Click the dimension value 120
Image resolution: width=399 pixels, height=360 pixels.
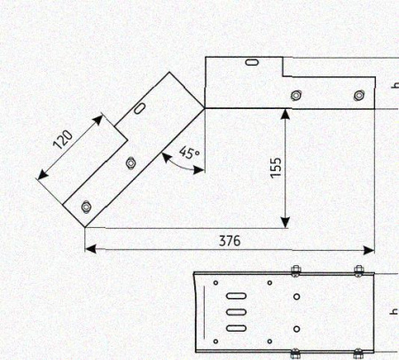point(63,139)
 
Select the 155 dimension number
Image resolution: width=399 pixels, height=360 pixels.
point(276,168)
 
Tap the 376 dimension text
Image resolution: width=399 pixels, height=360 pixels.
point(230,241)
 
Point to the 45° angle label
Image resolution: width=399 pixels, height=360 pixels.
point(189,153)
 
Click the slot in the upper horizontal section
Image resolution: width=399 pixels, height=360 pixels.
point(252,62)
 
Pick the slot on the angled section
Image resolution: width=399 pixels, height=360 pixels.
point(139,108)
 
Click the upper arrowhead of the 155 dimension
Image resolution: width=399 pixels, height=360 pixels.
point(285,114)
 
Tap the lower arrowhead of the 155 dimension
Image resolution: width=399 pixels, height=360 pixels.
point(286,223)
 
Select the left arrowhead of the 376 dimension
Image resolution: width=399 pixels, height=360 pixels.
point(90,249)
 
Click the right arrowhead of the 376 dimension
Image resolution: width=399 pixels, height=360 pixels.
point(369,250)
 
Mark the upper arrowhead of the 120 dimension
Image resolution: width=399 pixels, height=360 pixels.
point(98,120)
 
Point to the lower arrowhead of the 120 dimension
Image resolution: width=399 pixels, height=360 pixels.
point(43,175)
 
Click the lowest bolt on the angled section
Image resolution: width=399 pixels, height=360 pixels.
point(86,207)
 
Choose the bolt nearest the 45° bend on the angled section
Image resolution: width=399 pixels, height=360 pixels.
point(130,163)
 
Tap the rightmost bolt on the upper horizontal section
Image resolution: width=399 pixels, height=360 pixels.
point(359,96)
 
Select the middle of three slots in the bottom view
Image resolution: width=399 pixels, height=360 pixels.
point(236,312)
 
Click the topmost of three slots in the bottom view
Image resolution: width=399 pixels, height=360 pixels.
point(236,296)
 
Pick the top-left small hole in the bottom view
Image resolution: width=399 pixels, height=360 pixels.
point(215,283)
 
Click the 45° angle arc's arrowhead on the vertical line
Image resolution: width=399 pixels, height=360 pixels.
point(199,170)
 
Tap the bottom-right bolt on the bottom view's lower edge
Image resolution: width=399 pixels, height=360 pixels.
point(358,353)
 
